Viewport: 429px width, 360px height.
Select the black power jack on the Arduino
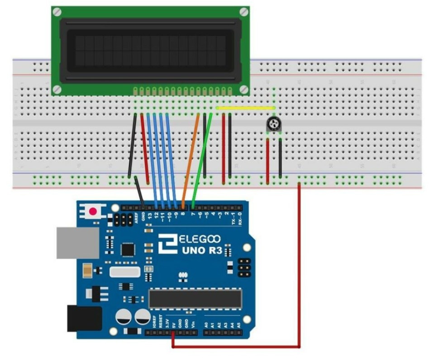point(84,319)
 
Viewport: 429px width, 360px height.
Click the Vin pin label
point(193,324)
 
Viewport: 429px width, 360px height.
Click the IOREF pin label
point(154,323)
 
